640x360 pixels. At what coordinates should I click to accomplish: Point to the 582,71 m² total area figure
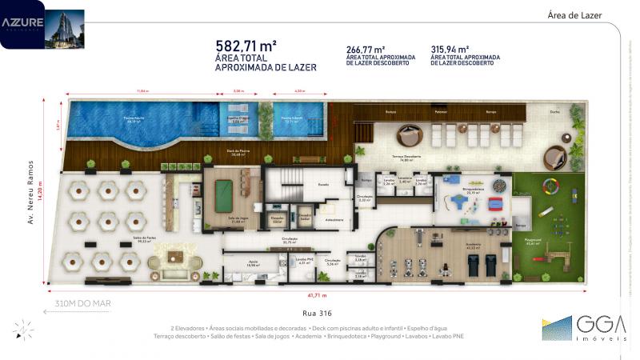pos(246,46)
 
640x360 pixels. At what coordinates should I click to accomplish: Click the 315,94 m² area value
pos(450,48)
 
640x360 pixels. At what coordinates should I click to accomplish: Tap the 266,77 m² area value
pos(366,48)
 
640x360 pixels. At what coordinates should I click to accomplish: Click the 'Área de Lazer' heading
pos(574,15)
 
